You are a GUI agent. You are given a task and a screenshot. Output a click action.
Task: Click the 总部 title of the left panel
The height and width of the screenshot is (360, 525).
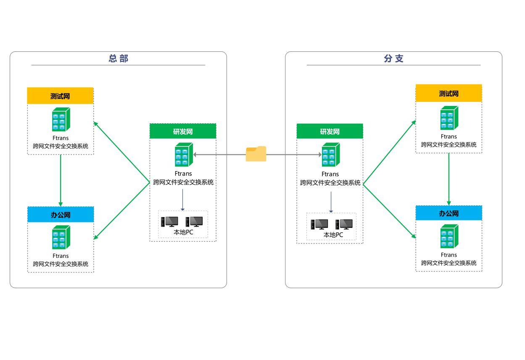point(119,58)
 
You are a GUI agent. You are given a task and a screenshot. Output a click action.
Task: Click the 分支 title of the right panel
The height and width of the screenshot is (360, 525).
point(393,58)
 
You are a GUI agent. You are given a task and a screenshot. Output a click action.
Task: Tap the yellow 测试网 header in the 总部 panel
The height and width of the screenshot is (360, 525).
point(60,96)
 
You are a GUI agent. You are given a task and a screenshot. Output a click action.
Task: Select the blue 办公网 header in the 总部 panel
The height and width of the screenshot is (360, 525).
point(61,214)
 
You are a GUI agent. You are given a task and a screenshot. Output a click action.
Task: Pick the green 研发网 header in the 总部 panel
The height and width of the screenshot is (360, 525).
point(183,131)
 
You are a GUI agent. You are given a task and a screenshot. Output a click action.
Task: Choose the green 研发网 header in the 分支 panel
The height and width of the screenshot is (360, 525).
point(330,131)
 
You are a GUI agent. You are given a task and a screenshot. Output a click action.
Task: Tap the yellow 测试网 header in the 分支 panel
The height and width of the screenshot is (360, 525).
point(448,93)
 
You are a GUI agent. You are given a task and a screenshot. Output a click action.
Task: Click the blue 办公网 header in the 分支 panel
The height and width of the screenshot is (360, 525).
point(448,213)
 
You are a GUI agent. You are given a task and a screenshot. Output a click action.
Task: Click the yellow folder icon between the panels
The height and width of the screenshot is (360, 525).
point(256,154)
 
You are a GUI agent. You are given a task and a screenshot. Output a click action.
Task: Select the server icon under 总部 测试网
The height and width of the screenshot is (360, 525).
point(61,119)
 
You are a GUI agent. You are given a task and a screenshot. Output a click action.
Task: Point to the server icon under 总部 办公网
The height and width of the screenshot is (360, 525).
point(61,237)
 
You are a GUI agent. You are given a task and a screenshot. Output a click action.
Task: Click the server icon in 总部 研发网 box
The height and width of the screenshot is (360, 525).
point(184,154)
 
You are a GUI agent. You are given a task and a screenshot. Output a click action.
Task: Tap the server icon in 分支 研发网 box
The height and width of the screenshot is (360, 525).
point(331,154)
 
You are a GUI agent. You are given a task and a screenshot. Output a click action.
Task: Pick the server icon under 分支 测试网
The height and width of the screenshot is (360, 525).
point(449,118)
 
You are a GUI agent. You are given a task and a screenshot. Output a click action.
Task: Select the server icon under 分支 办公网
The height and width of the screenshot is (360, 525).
point(449,236)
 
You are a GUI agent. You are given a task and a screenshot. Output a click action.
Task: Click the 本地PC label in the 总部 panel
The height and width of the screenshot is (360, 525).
point(183,232)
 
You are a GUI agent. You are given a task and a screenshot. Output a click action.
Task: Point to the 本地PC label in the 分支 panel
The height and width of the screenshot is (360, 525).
point(333,235)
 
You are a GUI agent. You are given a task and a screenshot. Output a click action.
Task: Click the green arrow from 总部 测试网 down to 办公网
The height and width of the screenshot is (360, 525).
point(61,180)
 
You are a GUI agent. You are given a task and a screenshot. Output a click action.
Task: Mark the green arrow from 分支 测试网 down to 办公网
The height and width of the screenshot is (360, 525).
point(449,180)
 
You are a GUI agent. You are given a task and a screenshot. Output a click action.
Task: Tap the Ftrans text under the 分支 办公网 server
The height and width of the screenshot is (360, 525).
point(448,255)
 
